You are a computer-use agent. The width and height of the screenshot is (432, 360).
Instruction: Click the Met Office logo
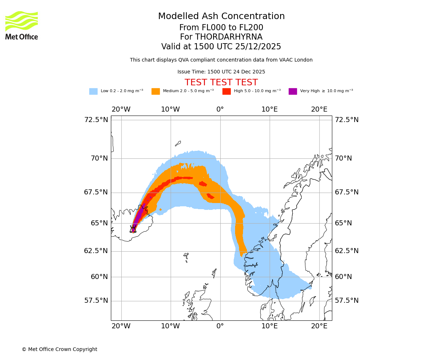pyautogui.click(x=22, y=25)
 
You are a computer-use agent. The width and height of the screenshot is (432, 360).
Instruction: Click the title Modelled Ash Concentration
pyautogui.click(x=221, y=17)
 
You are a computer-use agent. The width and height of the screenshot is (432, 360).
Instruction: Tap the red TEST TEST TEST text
pyautogui.click(x=221, y=82)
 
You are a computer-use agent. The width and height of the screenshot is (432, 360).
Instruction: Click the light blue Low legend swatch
pyautogui.click(x=93, y=91)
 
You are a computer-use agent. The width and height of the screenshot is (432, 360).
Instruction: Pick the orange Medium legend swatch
pyautogui.click(x=156, y=91)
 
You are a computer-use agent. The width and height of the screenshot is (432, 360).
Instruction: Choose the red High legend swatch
pyautogui.click(x=226, y=91)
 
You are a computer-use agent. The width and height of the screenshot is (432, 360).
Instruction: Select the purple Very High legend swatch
pyautogui.click(x=293, y=91)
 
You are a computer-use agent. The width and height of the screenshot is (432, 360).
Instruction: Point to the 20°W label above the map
pyautogui.click(x=121, y=109)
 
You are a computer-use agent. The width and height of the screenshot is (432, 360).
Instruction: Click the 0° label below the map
pyautogui.click(x=220, y=326)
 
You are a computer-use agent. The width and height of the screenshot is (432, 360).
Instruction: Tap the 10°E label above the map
pyautogui.click(x=270, y=109)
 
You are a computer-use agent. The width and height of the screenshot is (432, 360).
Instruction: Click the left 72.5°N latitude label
pyautogui.click(x=96, y=120)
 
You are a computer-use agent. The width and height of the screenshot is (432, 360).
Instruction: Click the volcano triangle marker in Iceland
pyautogui.click(x=133, y=230)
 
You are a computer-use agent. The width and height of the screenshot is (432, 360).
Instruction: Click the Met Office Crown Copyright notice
pyautogui.click(x=59, y=349)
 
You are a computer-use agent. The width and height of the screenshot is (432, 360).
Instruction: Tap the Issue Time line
pyautogui.click(x=221, y=72)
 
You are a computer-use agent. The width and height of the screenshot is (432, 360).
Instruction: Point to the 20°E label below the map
pyautogui.click(x=319, y=326)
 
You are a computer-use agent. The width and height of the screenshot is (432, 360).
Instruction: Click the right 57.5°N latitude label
pyautogui.click(x=347, y=301)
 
